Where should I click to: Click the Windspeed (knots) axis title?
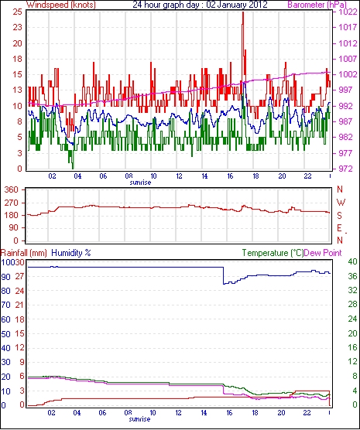coord(61,5)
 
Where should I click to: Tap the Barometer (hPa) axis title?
coord(317,5)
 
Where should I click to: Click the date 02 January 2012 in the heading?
coord(237,5)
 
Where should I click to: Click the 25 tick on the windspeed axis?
coord(17,12)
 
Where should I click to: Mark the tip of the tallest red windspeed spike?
coord(243,12)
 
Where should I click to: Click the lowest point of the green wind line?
coord(73,169)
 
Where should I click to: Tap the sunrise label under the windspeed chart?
coord(140,183)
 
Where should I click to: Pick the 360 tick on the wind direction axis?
coord(12,189)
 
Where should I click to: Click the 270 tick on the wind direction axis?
coord(12,203)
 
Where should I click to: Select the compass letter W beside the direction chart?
coord(341,203)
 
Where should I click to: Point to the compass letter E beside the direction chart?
coord(340,228)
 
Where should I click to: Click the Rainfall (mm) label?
coord(24,253)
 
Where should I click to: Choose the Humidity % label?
coord(71,253)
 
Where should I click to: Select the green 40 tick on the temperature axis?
coord(352,261)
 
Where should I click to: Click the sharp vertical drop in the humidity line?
coord(223,275)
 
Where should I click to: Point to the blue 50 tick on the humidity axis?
coord(5,334)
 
